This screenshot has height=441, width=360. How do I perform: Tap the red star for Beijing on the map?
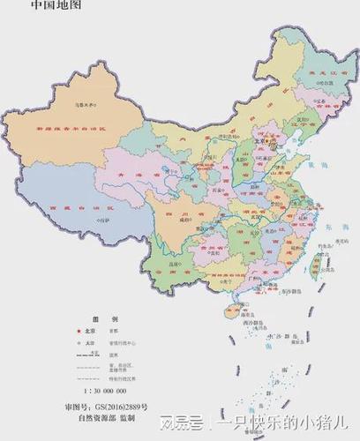tap(258, 140)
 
